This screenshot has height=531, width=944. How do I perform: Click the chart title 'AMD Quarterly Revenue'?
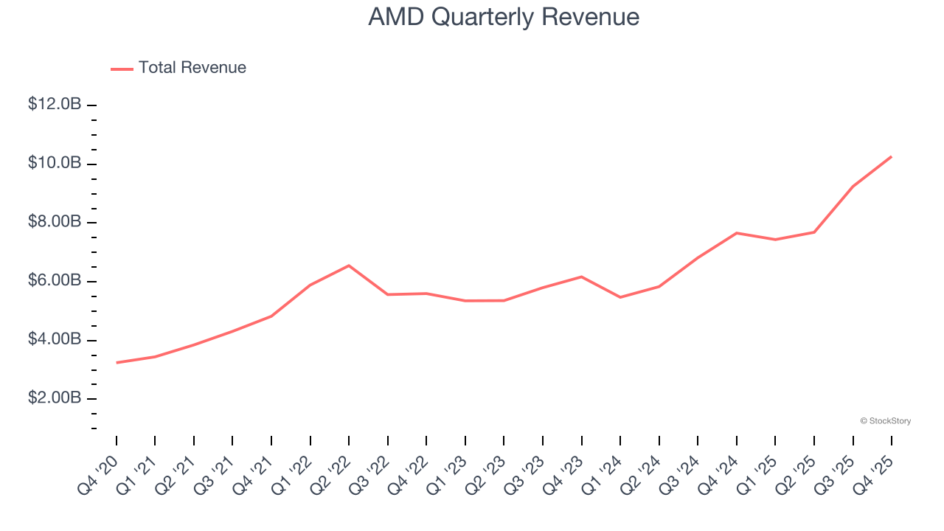(504, 17)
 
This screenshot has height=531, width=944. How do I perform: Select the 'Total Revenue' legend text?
(192, 68)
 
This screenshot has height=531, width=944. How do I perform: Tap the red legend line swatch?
(122, 69)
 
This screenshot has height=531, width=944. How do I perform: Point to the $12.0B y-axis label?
(55, 105)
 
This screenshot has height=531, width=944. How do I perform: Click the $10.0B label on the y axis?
(55, 163)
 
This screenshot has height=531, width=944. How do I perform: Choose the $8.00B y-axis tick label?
(55, 222)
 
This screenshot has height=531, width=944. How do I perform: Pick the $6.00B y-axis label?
(55, 281)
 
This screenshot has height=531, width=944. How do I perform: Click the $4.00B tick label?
(55, 340)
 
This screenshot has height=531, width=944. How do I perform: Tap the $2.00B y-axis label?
(55, 398)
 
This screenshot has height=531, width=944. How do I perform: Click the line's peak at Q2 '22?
(349, 265)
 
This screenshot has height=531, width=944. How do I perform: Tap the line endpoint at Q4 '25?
(891, 156)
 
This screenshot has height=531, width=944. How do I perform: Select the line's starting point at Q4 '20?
(117, 363)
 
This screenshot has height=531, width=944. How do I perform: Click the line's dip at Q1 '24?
(620, 297)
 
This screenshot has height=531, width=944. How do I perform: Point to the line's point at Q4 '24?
(736, 233)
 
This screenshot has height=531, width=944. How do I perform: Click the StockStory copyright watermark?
(885, 421)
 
